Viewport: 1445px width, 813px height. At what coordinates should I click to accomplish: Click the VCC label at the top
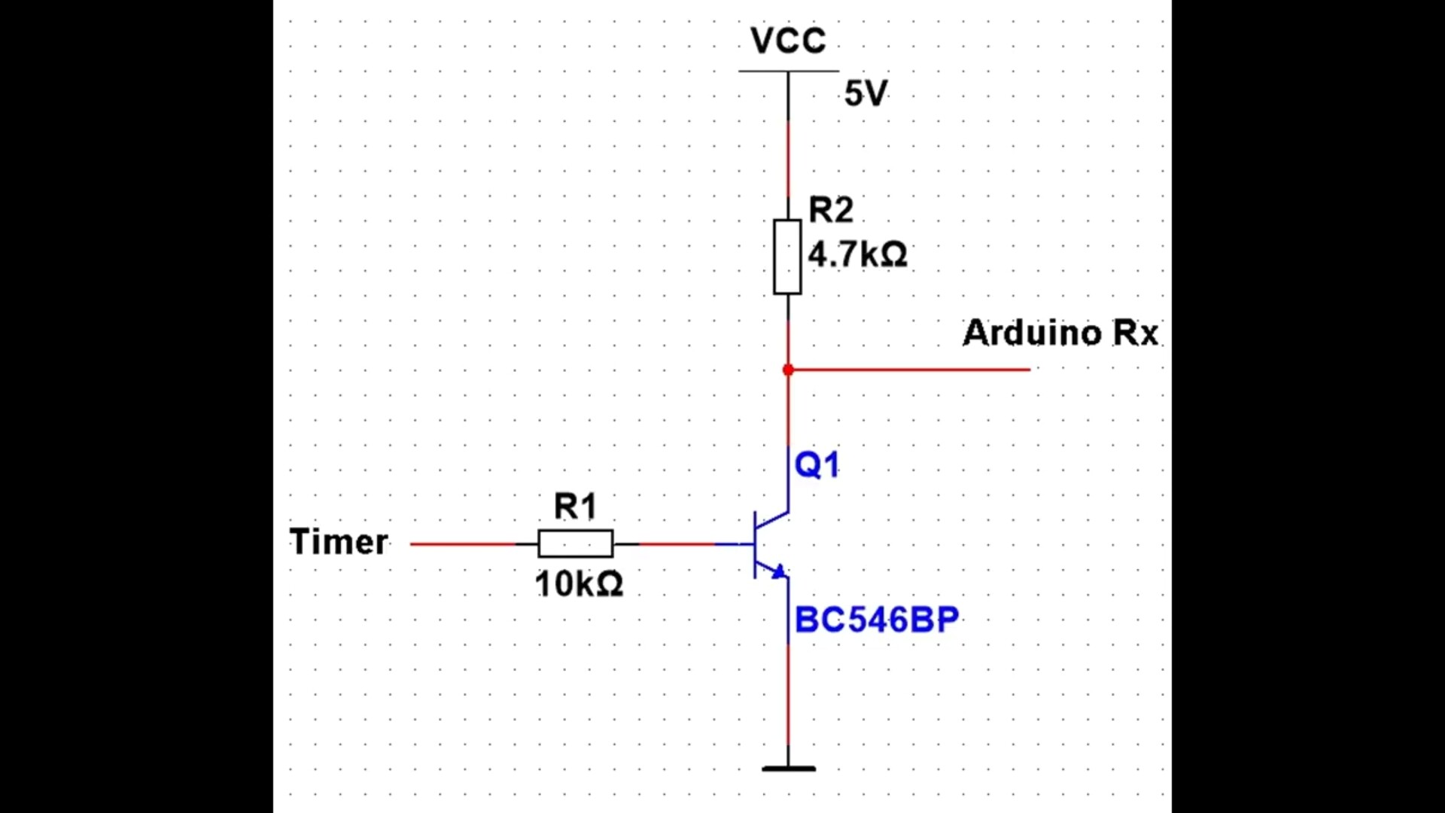[788, 41]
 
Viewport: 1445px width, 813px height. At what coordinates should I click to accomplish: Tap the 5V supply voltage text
[865, 93]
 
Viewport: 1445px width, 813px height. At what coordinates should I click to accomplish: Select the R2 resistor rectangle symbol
[787, 257]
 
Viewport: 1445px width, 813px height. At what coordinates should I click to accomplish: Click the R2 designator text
[830, 210]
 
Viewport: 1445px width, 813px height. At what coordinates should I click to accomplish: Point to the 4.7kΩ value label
[857, 254]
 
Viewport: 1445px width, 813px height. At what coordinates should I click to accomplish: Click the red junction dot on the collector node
[788, 370]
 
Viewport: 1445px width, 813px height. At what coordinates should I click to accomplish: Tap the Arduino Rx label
[1060, 333]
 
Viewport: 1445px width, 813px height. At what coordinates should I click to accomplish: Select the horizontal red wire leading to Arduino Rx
[911, 370]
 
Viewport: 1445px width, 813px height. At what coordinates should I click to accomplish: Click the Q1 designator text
[817, 464]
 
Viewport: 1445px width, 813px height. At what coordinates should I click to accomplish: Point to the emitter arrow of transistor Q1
[779, 572]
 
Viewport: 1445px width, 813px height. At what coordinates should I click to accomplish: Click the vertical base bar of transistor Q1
[755, 544]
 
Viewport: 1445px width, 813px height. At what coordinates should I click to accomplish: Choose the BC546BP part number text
[876, 620]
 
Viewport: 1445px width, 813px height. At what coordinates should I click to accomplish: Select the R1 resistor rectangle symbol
[576, 544]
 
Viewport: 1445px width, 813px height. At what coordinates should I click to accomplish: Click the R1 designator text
[575, 507]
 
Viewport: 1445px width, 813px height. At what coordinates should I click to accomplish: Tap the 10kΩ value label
[579, 584]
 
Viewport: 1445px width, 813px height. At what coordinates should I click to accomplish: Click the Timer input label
[339, 542]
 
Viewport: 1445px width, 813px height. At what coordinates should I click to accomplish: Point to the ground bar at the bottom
[788, 769]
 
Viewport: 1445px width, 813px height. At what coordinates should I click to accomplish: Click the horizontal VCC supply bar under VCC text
[788, 72]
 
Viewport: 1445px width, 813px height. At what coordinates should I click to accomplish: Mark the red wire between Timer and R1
[463, 544]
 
